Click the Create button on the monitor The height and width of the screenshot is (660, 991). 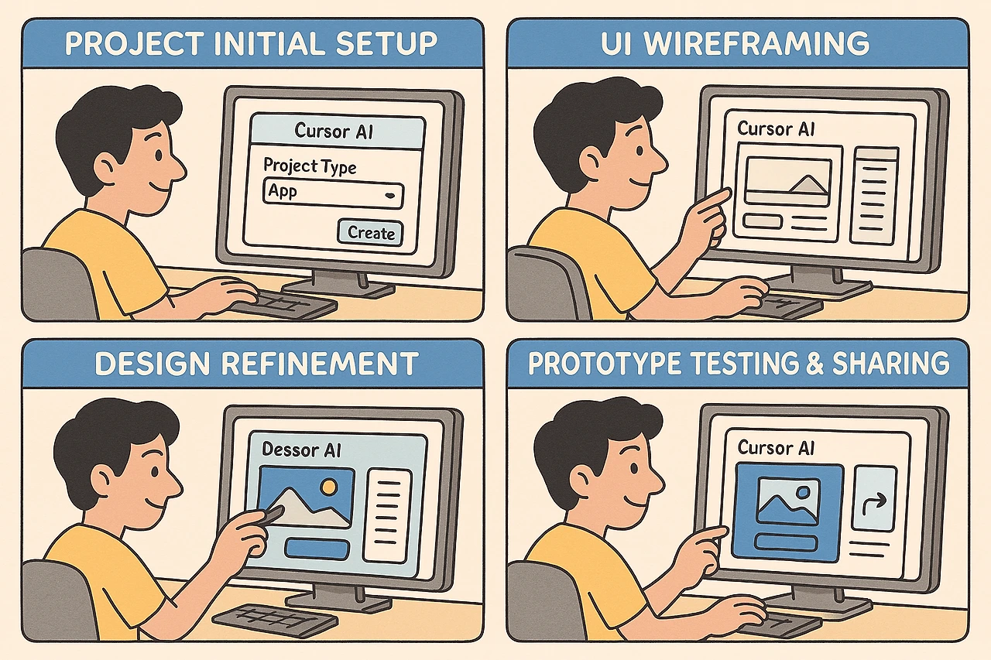pyautogui.click(x=370, y=233)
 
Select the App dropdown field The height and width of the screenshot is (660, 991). pyautogui.click(x=333, y=193)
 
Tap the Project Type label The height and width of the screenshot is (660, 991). pyautogui.click(x=310, y=166)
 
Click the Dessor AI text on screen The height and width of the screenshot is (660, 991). pyautogui.click(x=301, y=450)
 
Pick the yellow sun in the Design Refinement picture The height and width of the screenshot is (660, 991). pyautogui.click(x=329, y=487)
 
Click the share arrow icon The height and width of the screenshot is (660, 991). pyautogui.click(x=875, y=501)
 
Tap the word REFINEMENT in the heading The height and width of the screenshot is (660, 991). pyautogui.click(x=320, y=364)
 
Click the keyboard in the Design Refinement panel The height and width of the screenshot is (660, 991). pyautogui.click(x=274, y=621)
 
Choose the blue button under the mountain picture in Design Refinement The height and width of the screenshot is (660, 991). pyautogui.click(x=317, y=549)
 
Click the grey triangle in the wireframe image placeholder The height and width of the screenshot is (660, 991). pyautogui.click(x=808, y=185)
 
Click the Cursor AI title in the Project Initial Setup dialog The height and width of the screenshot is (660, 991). pyautogui.click(x=334, y=131)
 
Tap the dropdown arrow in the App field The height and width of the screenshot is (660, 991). pyautogui.click(x=389, y=195)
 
